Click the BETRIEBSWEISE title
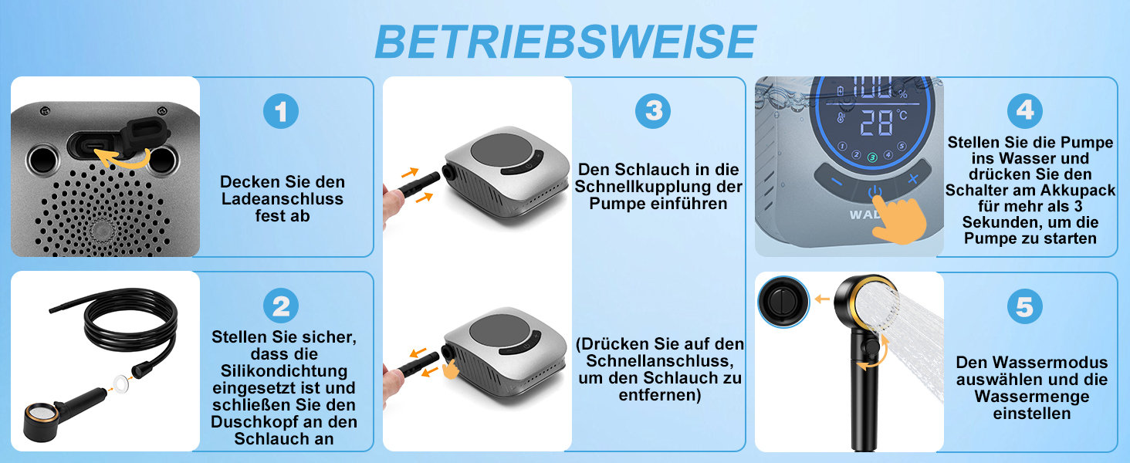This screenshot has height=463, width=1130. (x=565, y=42)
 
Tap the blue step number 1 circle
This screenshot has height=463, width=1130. (x=281, y=111)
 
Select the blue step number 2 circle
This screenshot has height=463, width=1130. (x=281, y=306)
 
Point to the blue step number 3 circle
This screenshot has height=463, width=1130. (x=653, y=110)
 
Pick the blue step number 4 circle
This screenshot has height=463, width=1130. (x=1025, y=110)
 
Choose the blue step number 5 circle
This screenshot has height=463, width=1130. (x=1025, y=306)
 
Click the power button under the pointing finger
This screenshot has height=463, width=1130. (x=875, y=192)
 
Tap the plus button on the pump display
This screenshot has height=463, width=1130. (x=913, y=178)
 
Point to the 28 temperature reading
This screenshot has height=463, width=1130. (x=876, y=123)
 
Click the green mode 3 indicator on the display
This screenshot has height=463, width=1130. (x=872, y=157)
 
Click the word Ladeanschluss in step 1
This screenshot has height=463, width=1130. (x=282, y=199)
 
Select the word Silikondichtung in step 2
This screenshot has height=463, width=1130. (x=284, y=370)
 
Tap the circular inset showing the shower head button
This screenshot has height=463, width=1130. (x=783, y=302)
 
